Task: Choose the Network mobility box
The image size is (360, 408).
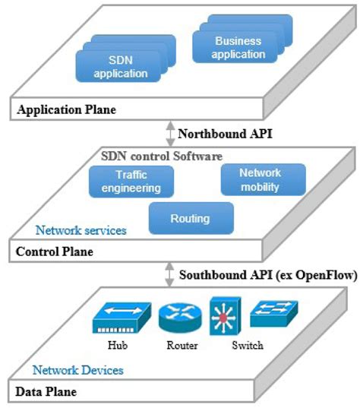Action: point(260,179)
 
